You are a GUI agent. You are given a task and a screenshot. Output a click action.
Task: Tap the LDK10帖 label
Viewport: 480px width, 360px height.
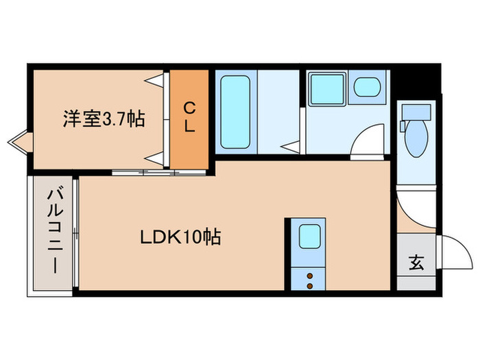tap(180, 239)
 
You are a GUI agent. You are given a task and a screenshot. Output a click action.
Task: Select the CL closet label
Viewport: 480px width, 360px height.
tap(189, 117)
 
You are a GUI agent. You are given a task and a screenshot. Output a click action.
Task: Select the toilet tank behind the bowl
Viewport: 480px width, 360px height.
tap(415, 112)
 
